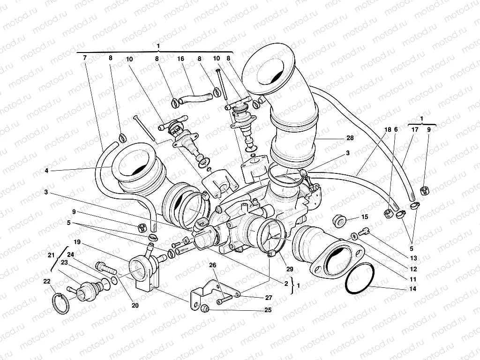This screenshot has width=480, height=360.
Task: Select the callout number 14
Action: [x=412, y=289]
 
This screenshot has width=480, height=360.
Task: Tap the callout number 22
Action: [x=46, y=281]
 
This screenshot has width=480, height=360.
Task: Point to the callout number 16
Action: [x=180, y=59]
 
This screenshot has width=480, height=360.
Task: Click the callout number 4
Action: [x=46, y=171]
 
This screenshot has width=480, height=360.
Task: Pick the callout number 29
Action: [x=290, y=269]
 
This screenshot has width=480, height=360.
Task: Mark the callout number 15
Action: [x=365, y=217]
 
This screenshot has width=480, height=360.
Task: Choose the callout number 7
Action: [x=84, y=59]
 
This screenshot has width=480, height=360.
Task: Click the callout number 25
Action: [x=268, y=310]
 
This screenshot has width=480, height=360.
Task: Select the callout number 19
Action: [x=77, y=242]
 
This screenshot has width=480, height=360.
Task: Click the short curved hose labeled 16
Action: [x=194, y=99]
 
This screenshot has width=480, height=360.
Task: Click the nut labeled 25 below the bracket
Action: [x=204, y=308]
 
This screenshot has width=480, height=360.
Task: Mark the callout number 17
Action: [x=415, y=129]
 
